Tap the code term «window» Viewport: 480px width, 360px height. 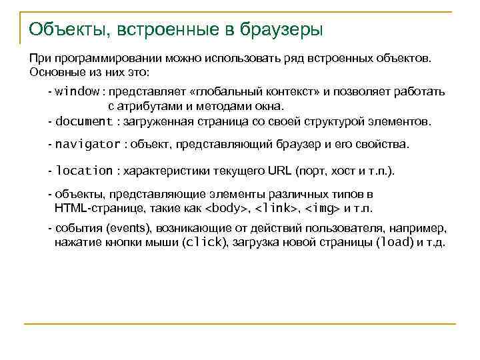click(x=77, y=91)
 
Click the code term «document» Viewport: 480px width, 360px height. click(x=85, y=121)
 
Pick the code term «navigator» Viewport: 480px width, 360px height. click(x=88, y=144)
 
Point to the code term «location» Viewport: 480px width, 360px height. click(x=85, y=171)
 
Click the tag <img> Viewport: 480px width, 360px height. click(x=322, y=208)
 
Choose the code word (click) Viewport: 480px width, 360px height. click(x=204, y=242)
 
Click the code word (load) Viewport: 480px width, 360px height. click(x=395, y=242)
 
